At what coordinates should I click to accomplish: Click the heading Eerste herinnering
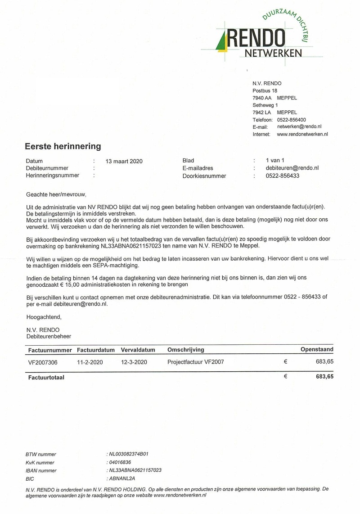coord(63,146)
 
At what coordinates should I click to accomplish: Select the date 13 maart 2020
coord(124,161)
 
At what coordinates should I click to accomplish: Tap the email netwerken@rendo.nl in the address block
coord(299,127)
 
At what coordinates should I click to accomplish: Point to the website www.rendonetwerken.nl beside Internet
coord(302,134)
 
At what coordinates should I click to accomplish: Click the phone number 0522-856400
coord(292,120)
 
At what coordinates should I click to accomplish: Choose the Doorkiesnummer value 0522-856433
coord(283,176)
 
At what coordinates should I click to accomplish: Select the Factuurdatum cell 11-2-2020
coord(90,362)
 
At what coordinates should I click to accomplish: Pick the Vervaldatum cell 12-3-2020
coord(134,362)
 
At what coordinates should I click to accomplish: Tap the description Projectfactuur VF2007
coord(195,362)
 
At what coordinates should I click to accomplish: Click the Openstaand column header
coord(317,349)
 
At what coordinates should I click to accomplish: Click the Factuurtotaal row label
coord(46,378)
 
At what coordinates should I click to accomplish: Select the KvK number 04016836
coord(120,462)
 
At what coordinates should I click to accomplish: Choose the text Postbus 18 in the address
coord(265,91)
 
